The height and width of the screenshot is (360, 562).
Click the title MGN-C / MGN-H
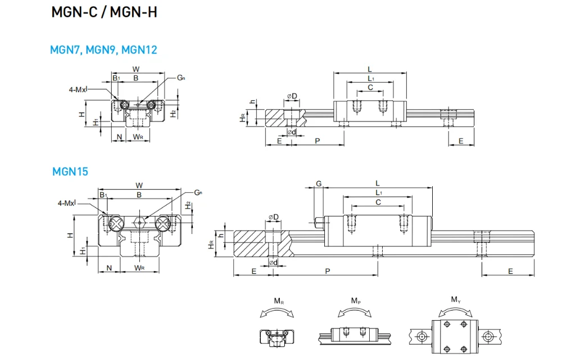click(x=104, y=12)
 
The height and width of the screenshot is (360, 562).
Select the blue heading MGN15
click(x=70, y=172)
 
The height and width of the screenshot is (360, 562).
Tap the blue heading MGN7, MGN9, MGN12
click(x=103, y=49)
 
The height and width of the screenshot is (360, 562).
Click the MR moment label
click(x=279, y=301)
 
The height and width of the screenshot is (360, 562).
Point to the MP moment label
click(x=356, y=301)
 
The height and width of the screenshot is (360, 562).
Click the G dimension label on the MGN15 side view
click(x=319, y=184)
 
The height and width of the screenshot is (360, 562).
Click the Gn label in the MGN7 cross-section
click(x=182, y=78)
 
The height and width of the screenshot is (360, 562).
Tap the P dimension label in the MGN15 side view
click(x=328, y=271)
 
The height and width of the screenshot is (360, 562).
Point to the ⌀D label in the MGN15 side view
click(x=274, y=217)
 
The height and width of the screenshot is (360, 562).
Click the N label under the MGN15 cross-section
click(x=110, y=268)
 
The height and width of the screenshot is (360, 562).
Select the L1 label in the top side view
click(x=370, y=78)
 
